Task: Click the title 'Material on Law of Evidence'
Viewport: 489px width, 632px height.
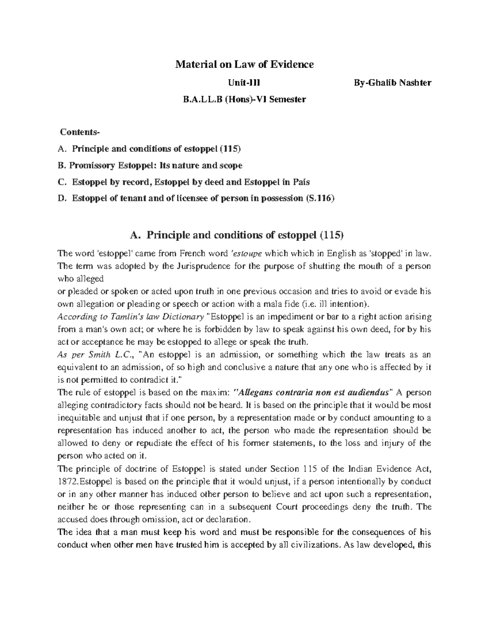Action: [x=244, y=64]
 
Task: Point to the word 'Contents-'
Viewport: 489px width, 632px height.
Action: [x=79, y=132]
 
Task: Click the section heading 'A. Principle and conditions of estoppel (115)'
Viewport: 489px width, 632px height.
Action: [x=237, y=235]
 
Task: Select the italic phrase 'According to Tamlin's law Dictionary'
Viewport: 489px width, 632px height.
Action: [x=131, y=317]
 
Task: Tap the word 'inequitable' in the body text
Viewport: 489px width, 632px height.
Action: [x=77, y=418]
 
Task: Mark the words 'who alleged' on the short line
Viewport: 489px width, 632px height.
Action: [x=81, y=279]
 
